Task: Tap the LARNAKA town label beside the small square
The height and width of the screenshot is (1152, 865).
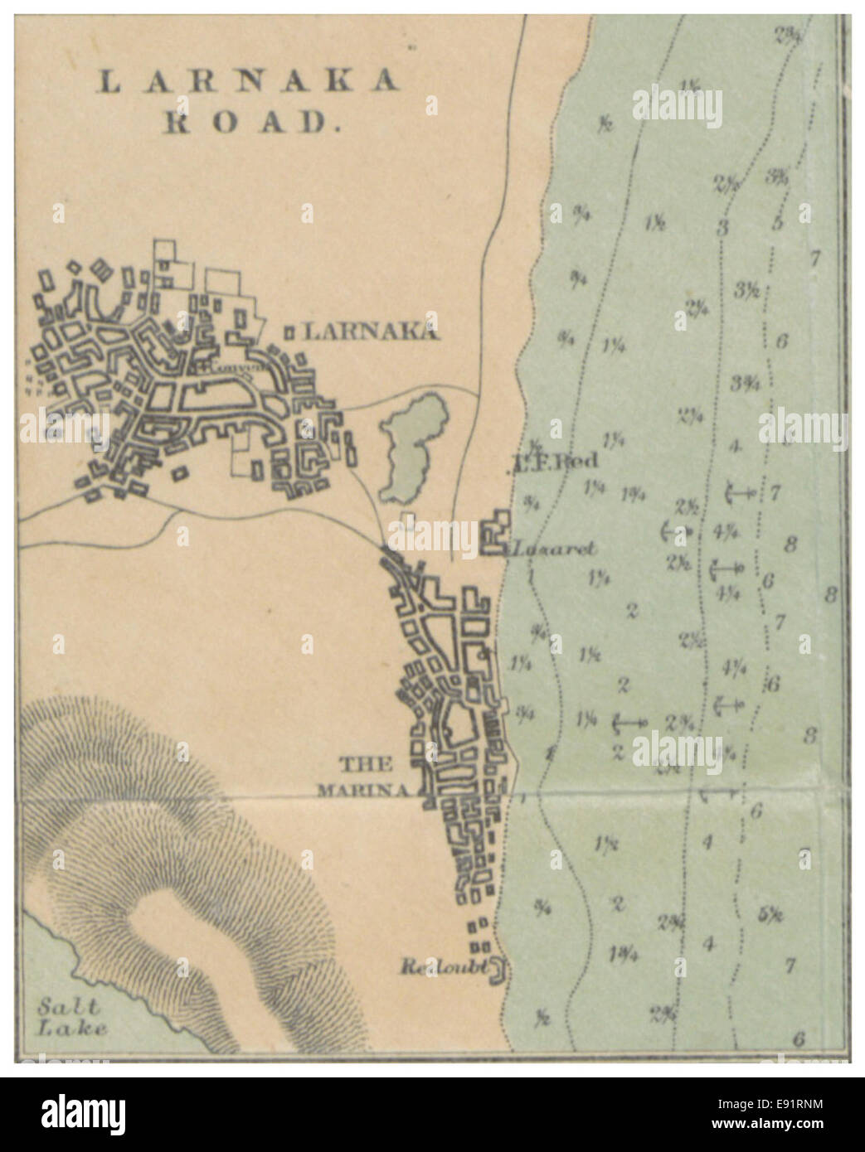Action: click(x=370, y=332)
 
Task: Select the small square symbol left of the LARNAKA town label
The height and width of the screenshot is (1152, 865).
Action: click(x=290, y=332)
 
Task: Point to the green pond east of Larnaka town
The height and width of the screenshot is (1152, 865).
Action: click(x=412, y=448)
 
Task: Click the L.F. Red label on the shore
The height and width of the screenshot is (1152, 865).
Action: click(x=552, y=462)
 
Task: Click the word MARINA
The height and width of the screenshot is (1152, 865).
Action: click(x=364, y=790)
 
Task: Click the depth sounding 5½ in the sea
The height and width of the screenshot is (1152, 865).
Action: click(x=770, y=915)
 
